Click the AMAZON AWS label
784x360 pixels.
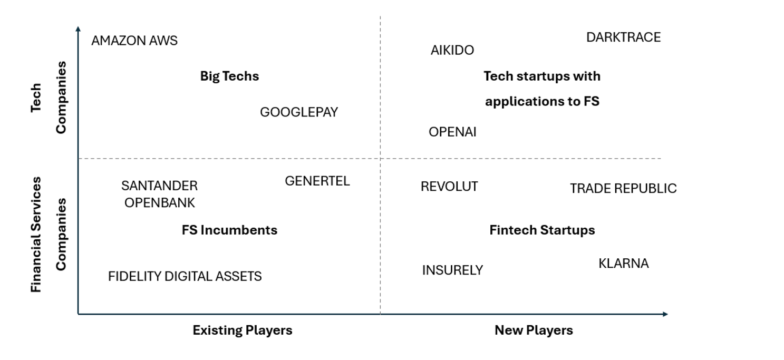134,41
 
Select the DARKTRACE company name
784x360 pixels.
623,37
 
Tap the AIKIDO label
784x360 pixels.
452,50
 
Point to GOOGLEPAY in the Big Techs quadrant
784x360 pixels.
299,112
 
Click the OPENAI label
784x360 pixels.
452,132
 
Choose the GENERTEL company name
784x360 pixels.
317,181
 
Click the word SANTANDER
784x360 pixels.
159,186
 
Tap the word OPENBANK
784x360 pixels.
159,202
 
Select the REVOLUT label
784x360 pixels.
449,187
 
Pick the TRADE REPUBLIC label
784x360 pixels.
623,188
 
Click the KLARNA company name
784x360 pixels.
623,263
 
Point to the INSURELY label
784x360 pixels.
452,270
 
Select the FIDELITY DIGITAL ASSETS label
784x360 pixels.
185,276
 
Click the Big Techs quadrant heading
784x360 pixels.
229,76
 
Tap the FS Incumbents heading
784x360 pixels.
229,230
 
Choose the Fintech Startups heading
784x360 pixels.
542,230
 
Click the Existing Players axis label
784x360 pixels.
243,330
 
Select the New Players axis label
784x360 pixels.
534,330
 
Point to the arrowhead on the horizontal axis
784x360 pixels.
665,314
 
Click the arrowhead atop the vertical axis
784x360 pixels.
78,29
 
